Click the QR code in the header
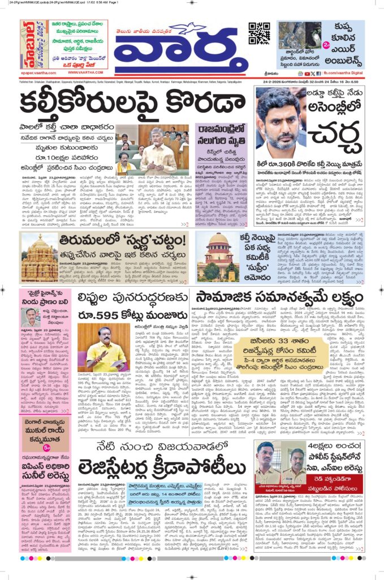click(259, 33)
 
